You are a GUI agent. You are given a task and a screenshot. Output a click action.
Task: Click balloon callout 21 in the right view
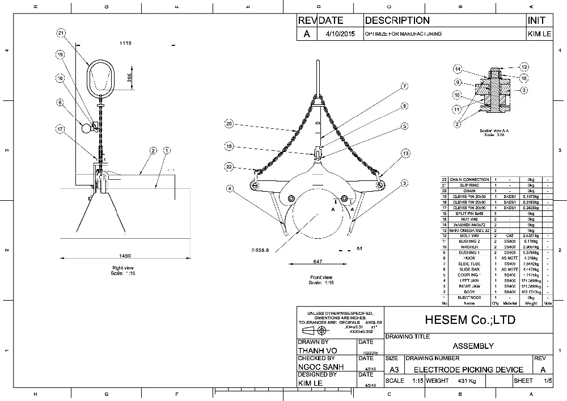pyautogui.click(x=62, y=33)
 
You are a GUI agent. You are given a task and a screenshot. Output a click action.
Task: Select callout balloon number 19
pyautogui.click(x=60, y=55)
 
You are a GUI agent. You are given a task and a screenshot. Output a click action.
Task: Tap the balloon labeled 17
pyautogui.click(x=60, y=129)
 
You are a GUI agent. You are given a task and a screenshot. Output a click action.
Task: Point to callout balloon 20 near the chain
pyautogui.click(x=229, y=124)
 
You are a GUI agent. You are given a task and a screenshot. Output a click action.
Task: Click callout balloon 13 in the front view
pyautogui.click(x=405, y=153)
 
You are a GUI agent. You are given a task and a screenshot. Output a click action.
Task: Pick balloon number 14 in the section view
pyautogui.click(x=458, y=69)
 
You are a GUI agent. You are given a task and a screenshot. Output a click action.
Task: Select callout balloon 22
pyautogui.click(x=229, y=167)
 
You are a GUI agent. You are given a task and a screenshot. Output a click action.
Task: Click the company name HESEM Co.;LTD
pyautogui.click(x=468, y=320)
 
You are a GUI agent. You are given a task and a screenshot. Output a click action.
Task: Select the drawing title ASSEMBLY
pyautogui.click(x=473, y=346)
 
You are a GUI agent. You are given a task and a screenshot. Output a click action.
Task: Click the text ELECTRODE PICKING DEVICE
pyautogui.click(x=468, y=369)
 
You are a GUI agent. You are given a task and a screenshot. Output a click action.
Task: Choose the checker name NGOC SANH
pyautogui.click(x=321, y=367)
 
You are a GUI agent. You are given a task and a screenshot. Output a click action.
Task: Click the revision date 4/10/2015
pyautogui.click(x=340, y=34)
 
